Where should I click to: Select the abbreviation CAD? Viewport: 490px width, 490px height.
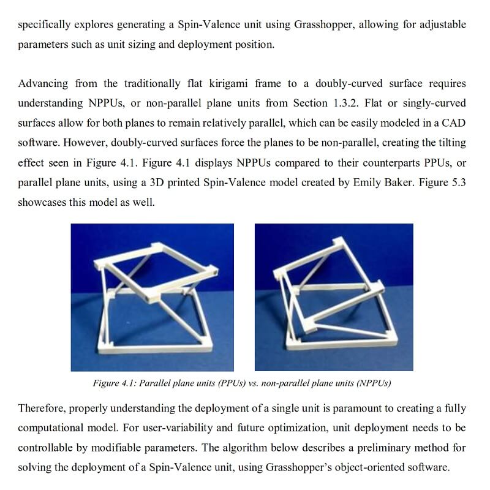pos(454,123)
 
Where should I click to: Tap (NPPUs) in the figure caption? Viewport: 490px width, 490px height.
pos(369,383)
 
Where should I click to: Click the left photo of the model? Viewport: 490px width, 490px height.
pos(152,297)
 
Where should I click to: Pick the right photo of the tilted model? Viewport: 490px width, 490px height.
pos(334,297)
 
